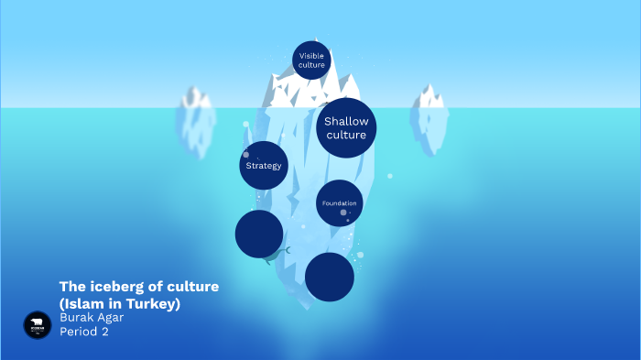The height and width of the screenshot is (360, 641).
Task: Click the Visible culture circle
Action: point(311,60)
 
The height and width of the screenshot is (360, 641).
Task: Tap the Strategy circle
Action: point(264,166)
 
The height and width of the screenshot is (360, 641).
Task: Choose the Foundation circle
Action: point(339,203)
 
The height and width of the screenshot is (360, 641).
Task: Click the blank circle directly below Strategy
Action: point(259,234)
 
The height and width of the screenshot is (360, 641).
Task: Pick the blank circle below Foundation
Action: point(330,277)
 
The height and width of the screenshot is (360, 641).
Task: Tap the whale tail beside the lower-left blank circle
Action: point(287,250)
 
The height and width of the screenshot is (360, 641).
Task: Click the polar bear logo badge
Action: point(38,324)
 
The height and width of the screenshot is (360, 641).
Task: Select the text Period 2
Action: point(83,332)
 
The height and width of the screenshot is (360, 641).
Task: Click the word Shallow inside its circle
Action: point(346,121)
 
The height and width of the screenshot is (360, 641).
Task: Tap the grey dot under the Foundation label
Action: point(343,213)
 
